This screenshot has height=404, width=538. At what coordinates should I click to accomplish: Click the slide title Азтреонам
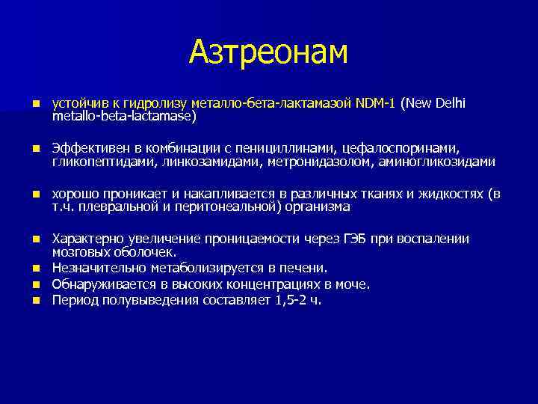(x=268, y=52)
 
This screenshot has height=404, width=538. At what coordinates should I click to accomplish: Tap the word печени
(x=305, y=268)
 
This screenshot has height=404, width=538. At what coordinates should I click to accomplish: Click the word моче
(x=353, y=284)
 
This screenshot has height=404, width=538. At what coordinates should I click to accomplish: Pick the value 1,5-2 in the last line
(x=291, y=300)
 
